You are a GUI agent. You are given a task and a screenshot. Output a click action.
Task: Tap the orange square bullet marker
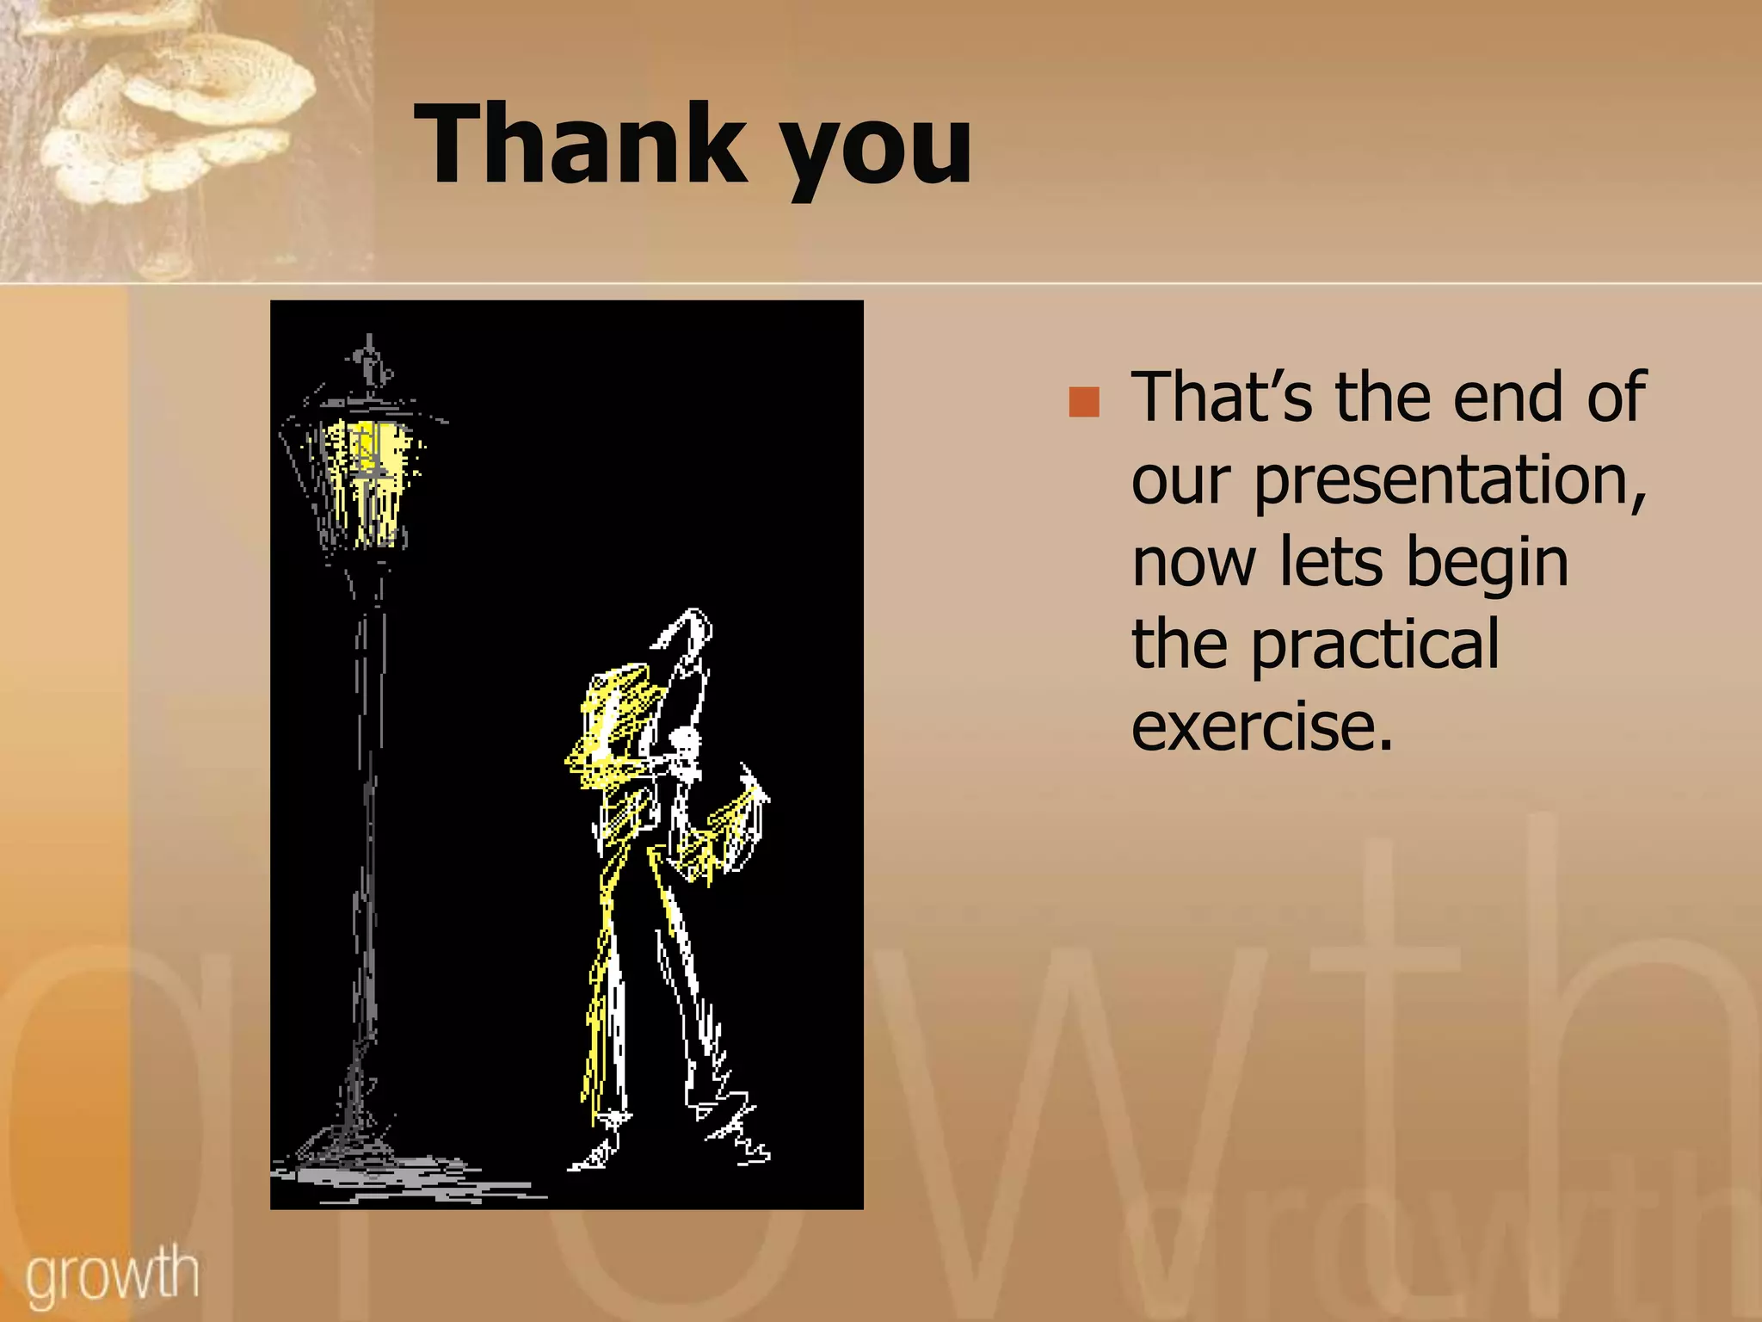click(1084, 402)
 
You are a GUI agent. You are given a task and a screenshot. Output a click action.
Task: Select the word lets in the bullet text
click(1330, 561)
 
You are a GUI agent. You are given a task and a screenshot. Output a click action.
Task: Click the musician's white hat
click(688, 633)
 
